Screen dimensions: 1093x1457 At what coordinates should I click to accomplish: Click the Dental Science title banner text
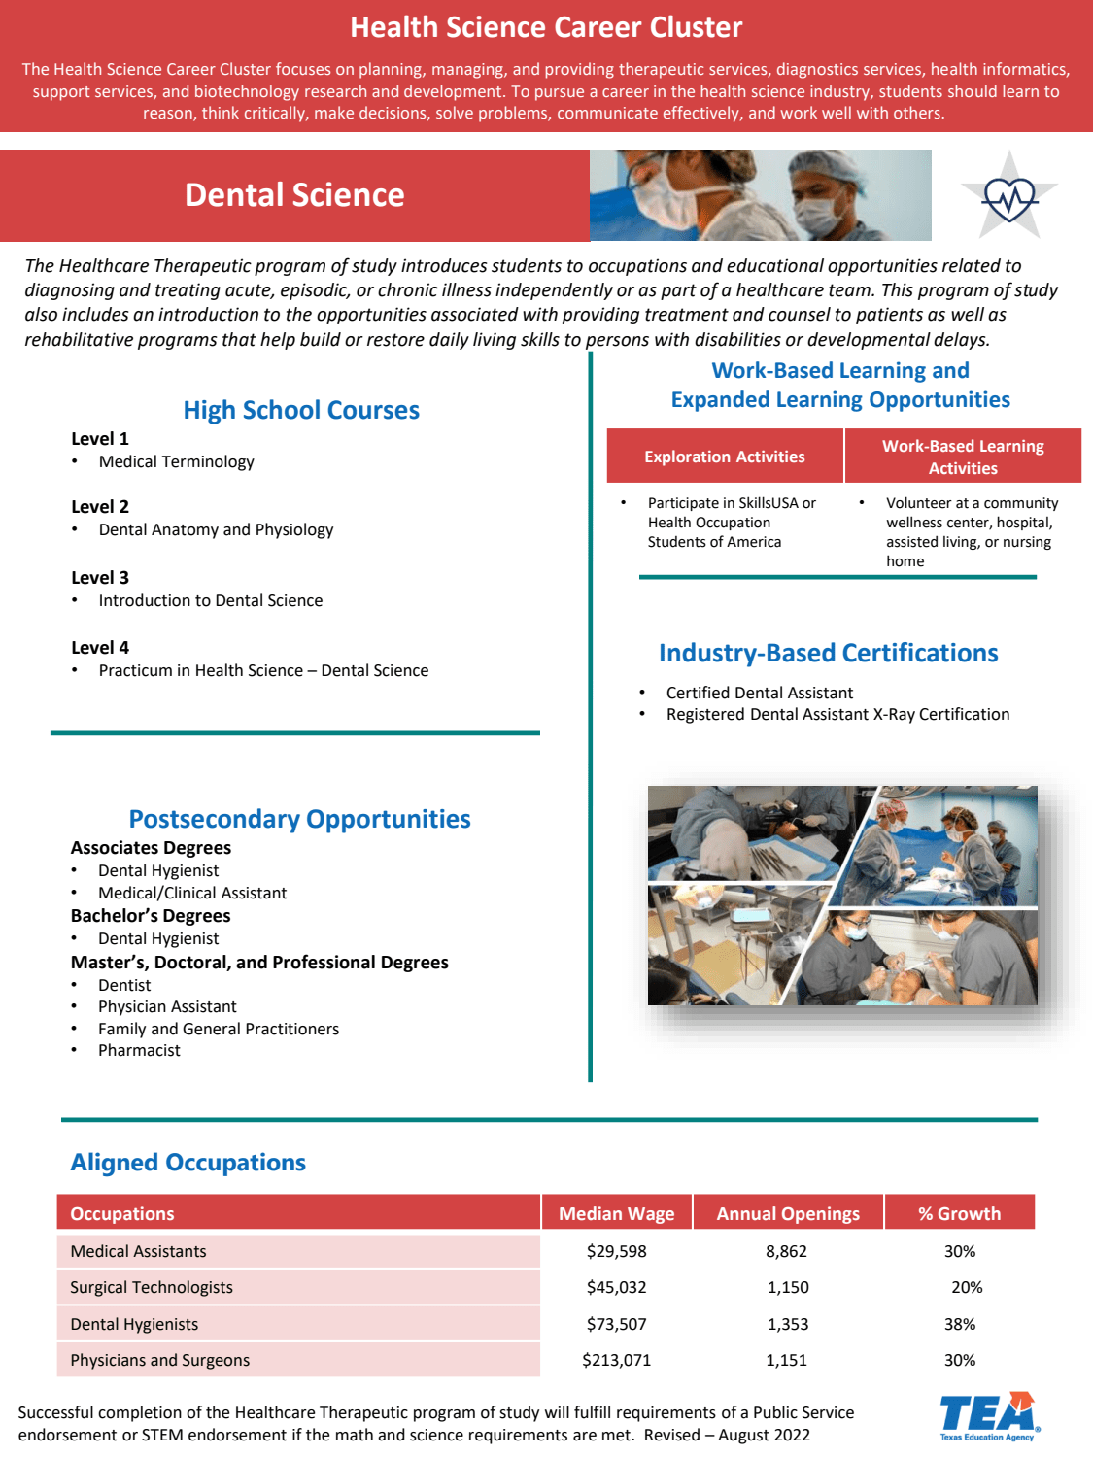[x=294, y=195]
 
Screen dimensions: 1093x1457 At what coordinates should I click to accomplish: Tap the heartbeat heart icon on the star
[x=1009, y=197]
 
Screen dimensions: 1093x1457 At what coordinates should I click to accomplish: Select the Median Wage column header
[x=616, y=1213]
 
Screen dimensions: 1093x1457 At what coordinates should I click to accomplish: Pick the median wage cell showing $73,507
[x=616, y=1324]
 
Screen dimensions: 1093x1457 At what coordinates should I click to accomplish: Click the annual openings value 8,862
[x=786, y=1251]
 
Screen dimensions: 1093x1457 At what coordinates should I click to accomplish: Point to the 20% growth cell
[x=967, y=1287]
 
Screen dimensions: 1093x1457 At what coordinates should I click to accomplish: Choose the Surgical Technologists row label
[x=152, y=1287]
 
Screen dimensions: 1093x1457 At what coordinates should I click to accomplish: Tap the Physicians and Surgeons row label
[x=160, y=1360]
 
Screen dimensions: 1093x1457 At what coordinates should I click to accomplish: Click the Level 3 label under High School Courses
[x=100, y=578]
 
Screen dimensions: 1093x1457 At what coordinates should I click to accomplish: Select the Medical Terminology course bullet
[x=176, y=461]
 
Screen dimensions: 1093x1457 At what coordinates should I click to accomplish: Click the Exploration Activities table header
[x=725, y=457]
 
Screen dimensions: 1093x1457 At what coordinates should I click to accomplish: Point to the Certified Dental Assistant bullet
[x=760, y=693]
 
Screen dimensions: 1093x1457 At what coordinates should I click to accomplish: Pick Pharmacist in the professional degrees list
[x=139, y=1050]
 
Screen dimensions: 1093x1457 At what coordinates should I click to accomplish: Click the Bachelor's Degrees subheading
[x=151, y=916]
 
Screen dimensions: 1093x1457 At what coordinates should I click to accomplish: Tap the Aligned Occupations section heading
[x=188, y=1163]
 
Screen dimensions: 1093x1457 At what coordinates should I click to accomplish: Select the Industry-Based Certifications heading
[x=829, y=653]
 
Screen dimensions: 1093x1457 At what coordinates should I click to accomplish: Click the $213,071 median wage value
[x=616, y=1360]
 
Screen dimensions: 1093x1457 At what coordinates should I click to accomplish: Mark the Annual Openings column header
[x=788, y=1213]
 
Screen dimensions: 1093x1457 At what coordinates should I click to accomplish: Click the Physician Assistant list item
[x=167, y=1006]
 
